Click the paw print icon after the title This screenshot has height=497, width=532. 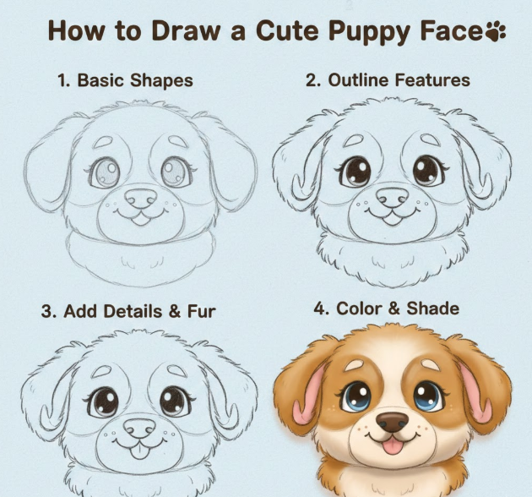click(x=496, y=31)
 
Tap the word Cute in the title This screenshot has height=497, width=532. click(x=287, y=30)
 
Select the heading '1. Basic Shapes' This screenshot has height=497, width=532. click(x=125, y=81)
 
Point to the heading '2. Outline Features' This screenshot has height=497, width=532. click(x=388, y=80)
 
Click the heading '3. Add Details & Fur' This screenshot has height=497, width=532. click(x=128, y=311)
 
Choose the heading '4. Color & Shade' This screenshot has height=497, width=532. click(x=387, y=309)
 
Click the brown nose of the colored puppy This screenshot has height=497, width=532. click(x=393, y=422)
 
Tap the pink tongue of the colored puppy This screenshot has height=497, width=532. click(x=393, y=445)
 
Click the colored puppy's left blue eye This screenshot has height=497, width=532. click(x=356, y=396)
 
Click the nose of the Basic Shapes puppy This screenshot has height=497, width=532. click(x=140, y=198)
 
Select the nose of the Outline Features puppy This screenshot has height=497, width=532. click(x=393, y=197)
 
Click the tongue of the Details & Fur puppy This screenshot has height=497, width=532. click(x=139, y=451)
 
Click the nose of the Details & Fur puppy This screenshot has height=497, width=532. click(x=139, y=428)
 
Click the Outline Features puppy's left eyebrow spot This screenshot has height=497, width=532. click(x=354, y=140)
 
